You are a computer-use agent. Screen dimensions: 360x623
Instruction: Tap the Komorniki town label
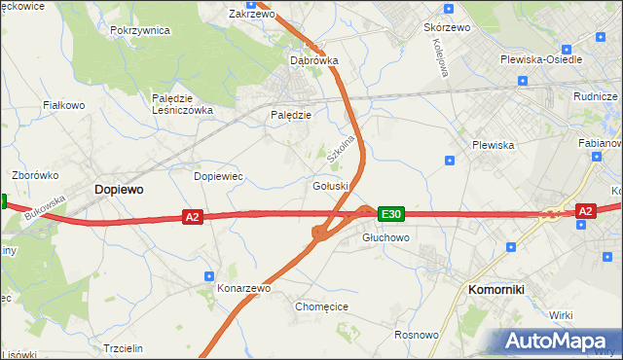496,289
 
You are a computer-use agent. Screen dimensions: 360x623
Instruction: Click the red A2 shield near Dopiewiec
192,217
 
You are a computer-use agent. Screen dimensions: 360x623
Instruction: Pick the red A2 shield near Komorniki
585,210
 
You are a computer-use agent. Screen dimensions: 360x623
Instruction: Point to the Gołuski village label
330,185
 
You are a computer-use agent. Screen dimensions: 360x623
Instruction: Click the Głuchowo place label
385,237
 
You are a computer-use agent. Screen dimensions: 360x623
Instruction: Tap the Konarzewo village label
243,288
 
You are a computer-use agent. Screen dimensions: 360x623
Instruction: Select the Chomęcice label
321,306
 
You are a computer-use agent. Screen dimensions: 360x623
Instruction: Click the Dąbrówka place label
314,60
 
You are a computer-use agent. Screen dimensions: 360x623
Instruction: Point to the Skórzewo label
447,27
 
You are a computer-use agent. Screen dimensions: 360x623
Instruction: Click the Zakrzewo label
251,15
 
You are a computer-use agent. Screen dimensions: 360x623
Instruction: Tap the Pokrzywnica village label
140,30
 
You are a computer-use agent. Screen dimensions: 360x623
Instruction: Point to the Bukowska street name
46,208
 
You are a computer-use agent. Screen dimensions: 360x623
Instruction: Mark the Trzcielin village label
123,348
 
